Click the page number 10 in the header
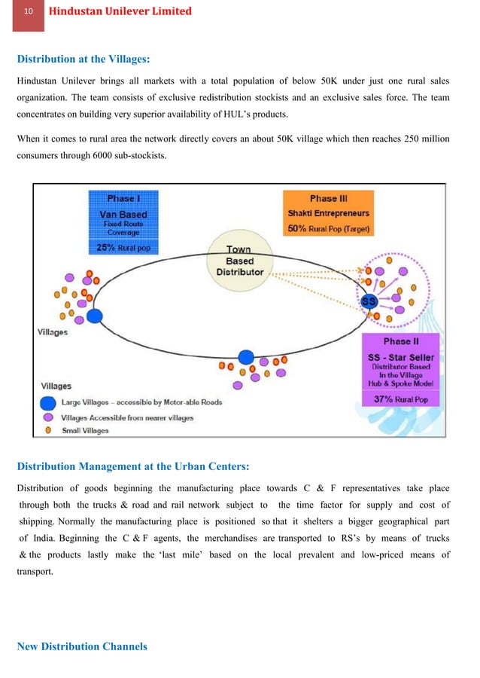28,12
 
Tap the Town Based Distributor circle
239,260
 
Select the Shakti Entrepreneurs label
328,213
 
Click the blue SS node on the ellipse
369,301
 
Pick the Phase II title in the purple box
396,341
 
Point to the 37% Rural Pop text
400,400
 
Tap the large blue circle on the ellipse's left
94,315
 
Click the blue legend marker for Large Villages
48,402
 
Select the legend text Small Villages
85,430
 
